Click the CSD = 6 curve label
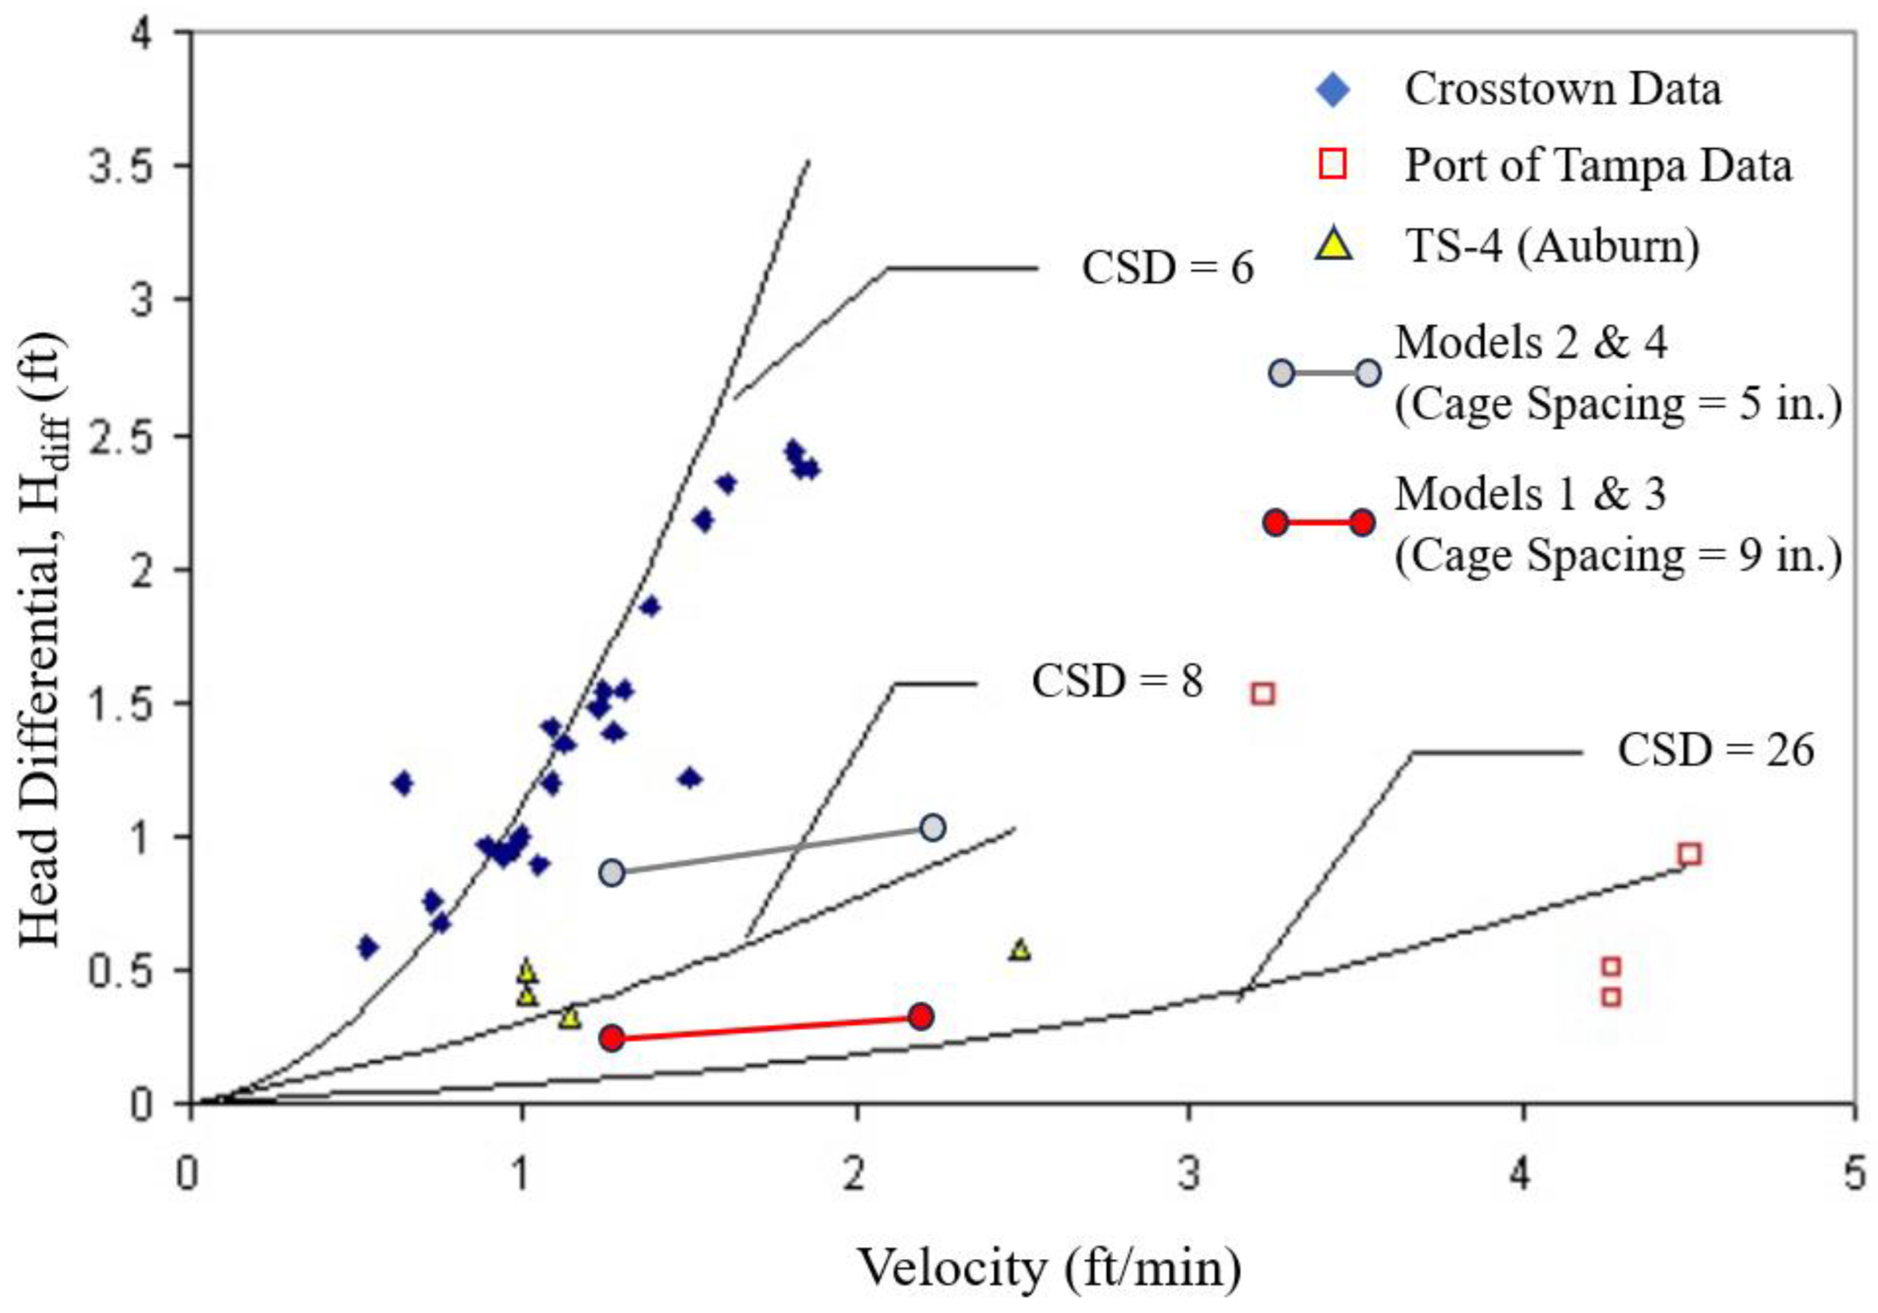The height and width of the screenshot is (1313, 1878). pos(1167,268)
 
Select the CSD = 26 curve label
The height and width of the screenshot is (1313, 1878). pos(1716,750)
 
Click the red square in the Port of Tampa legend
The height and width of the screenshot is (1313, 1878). pos(1334,166)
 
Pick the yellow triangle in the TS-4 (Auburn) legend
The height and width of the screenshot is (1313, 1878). pos(1334,244)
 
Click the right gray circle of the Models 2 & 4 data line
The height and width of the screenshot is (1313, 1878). pos(933,827)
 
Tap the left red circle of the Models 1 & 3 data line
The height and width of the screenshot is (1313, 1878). pos(613,1038)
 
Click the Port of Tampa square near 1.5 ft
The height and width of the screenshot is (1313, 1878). pos(1264,694)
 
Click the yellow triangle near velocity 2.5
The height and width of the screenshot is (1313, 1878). pos(1020,950)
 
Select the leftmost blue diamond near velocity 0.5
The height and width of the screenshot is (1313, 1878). pos(367,947)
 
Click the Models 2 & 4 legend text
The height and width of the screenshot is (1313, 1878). pos(1532,342)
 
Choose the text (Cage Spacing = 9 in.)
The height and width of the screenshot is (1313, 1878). pos(1618,556)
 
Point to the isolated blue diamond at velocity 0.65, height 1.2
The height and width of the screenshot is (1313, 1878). pos(403,783)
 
